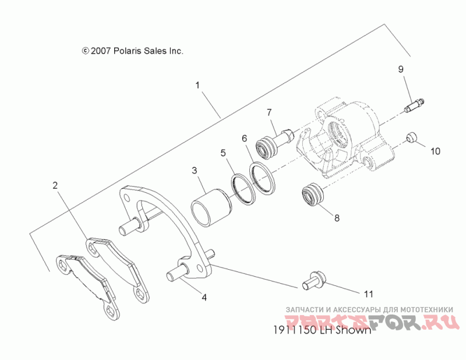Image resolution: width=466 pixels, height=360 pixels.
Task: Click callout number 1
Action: [x=197, y=85]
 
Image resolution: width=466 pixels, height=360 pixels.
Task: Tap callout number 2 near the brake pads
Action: [x=55, y=186]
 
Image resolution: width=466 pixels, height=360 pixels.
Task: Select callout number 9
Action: [x=401, y=69]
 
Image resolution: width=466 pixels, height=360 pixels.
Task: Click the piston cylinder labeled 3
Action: [x=208, y=207]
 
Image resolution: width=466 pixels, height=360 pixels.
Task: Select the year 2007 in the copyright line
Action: [x=98, y=51]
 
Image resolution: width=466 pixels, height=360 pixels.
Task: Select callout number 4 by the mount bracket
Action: [x=203, y=297]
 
